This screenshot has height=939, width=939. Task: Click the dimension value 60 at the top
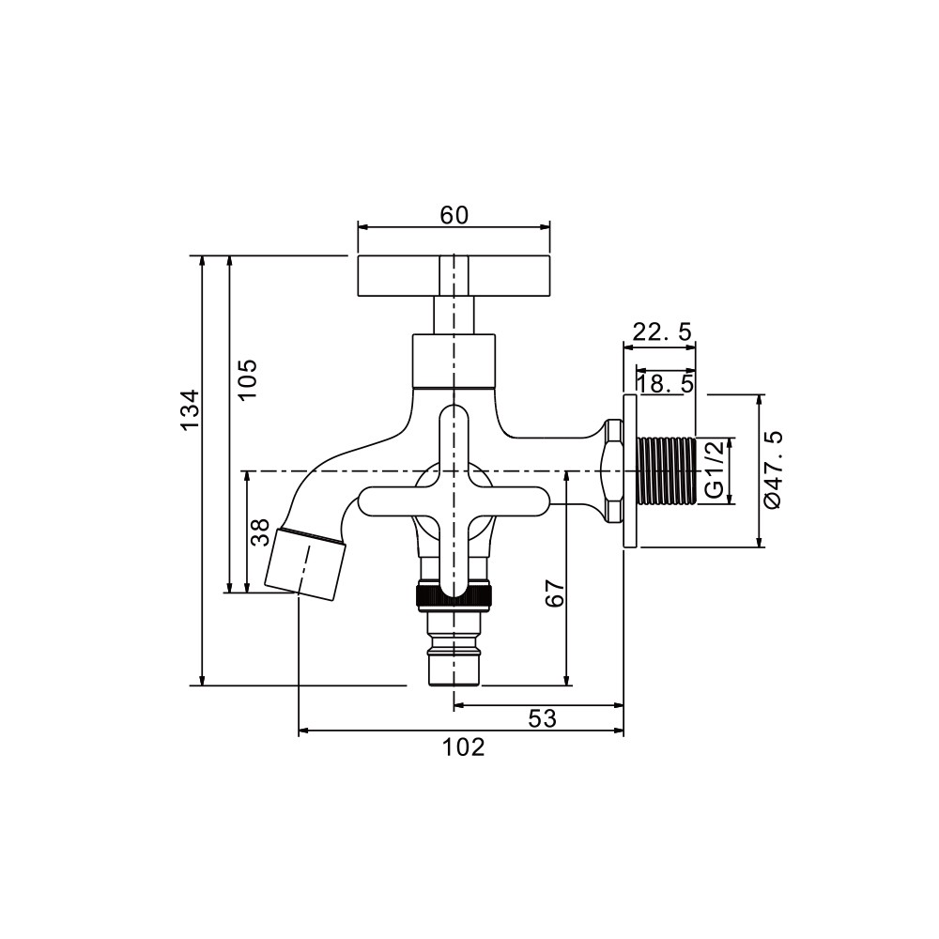(454, 215)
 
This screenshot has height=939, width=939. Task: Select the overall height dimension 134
(191, 409)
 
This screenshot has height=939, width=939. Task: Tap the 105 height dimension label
(246, 379)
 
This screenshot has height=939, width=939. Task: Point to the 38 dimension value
(259, 532)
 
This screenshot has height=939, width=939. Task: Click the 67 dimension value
(555, 593)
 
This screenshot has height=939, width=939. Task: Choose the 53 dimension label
(543, 718)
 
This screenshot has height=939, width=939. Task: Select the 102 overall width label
(464, 747)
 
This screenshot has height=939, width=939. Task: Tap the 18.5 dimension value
(665, 383)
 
